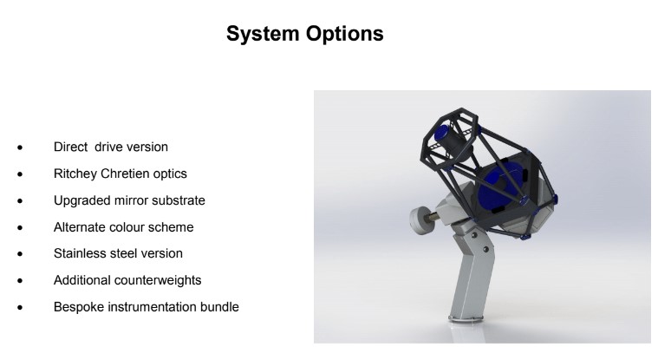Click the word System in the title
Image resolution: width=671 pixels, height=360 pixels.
point(263,34)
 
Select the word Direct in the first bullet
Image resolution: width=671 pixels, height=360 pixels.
point(70,147)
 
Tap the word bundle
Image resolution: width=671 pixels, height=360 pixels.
point(219,307)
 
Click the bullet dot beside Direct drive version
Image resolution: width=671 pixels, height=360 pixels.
point(20,147)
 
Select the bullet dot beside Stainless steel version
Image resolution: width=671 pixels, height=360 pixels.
point(20,254)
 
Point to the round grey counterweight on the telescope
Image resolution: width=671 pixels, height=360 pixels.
point(420,220)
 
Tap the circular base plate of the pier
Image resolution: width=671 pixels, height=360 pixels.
point(466,318)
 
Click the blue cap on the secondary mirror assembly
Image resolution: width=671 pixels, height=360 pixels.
point(441,133)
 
